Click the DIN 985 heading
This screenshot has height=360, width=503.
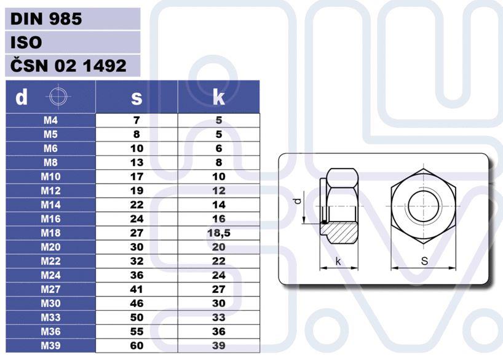tap(46, 19)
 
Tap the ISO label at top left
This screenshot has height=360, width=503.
tap(26, 42)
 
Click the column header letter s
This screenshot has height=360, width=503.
tap(137, 97)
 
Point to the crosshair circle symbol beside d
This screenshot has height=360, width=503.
tap(58, 97)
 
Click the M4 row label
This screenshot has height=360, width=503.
tap(50, 120)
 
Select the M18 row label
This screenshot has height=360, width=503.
tap(50, 233)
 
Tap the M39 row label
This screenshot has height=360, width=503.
tap(50, 346)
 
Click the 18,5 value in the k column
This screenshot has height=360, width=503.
tap(219, 233)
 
